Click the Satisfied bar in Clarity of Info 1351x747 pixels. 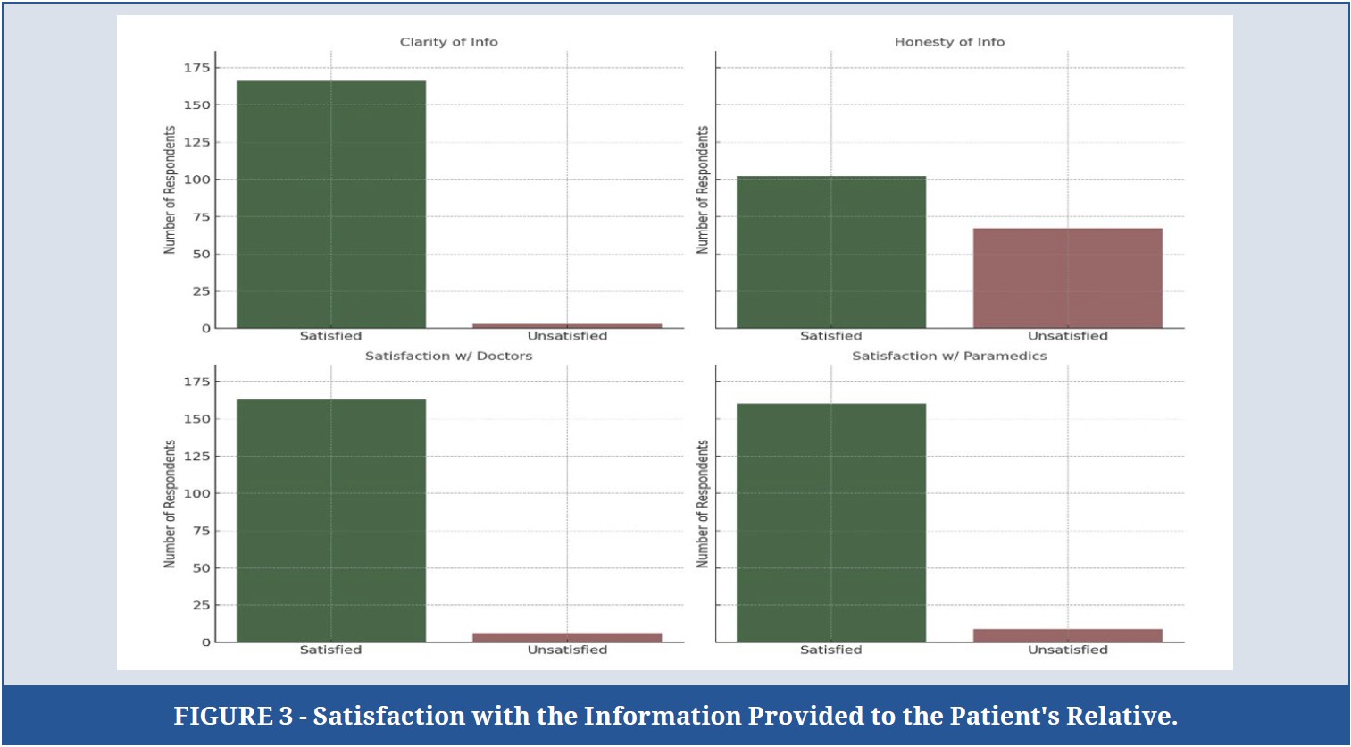pos(330,205)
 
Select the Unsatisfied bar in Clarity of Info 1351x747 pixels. pos(567,326)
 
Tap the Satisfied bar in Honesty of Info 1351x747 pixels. pos(831,252)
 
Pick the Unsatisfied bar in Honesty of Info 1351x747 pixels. pos(1068,278)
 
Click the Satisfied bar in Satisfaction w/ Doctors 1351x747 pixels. pos(330,520)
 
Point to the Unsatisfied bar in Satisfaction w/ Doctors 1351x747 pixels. pos(567,637)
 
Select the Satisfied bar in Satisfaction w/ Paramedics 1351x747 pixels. pos(831,523)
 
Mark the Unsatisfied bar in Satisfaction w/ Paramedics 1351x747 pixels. pos(1068,635)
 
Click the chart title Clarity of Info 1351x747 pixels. pos(449,42)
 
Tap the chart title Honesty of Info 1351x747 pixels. pos(949,42)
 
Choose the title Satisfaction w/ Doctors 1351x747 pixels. pos(449,356)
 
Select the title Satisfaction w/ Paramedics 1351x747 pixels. pos(949,356)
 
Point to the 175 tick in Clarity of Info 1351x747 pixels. pos(197,68)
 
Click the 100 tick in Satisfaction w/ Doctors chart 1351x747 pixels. pos(197,493)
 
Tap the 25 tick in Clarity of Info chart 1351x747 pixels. pos(202,291)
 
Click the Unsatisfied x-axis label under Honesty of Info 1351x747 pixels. pos(1068,336)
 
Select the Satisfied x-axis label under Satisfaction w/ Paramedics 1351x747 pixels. pos(831,650)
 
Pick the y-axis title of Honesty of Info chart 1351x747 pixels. pos(702,190)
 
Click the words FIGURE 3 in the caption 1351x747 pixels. pos(233,717)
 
